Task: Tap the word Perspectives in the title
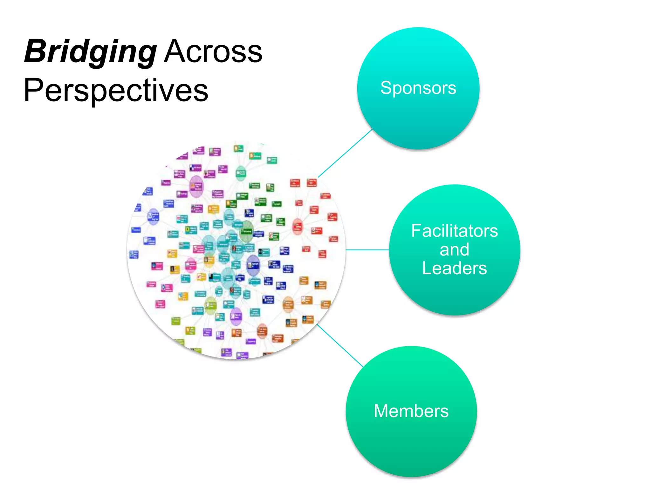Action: pos(116,90)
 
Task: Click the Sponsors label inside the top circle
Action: pos(418,88)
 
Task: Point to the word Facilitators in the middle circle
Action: pos(454,231)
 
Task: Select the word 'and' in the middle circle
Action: pos(454,250)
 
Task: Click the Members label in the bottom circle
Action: pos(411,411)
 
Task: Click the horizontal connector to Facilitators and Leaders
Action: pos(367,250)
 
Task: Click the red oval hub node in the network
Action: pos(297,226)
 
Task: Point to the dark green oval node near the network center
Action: pos(246,231)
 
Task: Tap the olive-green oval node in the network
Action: pos(210,305)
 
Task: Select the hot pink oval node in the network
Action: pos(191,265)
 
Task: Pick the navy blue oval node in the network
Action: pos(253,265)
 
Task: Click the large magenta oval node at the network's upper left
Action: pos(196,186)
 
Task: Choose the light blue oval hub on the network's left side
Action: pos(153,216)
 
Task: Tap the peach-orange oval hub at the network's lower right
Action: pos(288,304)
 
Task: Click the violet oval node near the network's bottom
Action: pos(236,316)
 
